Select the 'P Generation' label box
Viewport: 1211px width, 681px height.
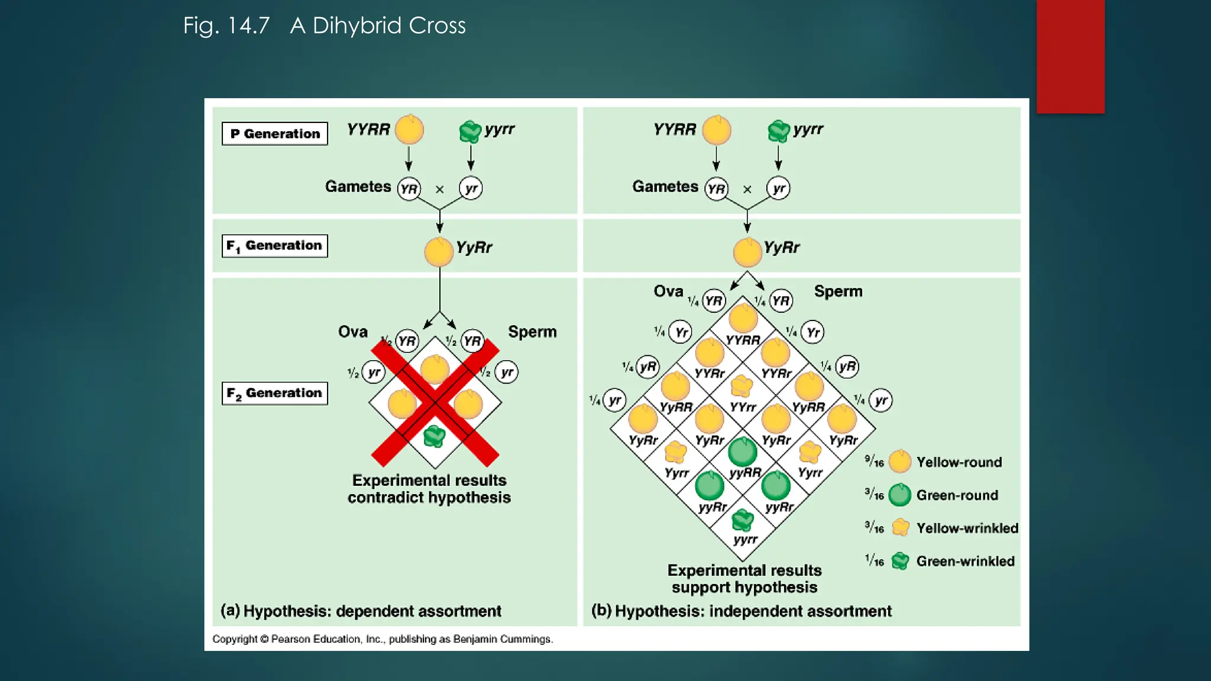275,134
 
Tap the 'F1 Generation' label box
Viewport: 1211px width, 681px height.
275,246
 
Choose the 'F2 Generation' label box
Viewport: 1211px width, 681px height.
275,393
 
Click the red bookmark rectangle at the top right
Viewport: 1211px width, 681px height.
1070,56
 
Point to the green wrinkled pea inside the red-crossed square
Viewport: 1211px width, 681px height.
435,436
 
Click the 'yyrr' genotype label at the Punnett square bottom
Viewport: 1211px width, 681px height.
745,539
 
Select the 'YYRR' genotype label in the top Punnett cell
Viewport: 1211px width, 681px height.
743,340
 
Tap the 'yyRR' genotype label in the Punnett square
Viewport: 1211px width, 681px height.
745,472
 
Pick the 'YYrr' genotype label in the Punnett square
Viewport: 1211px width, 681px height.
743,407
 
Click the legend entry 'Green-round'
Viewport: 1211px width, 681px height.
957,495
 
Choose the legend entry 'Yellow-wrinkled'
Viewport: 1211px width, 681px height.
967,528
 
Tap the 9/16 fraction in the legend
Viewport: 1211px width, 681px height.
874,461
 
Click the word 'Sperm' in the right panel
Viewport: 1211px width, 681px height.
838,291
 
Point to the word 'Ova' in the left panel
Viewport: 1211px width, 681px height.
353,332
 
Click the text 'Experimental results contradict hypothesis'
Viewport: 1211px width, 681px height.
429,489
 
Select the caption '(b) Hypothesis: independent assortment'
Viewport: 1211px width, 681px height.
742,611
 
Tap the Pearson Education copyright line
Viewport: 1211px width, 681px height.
383,639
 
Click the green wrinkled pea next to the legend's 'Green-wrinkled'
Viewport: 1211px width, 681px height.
900,561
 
